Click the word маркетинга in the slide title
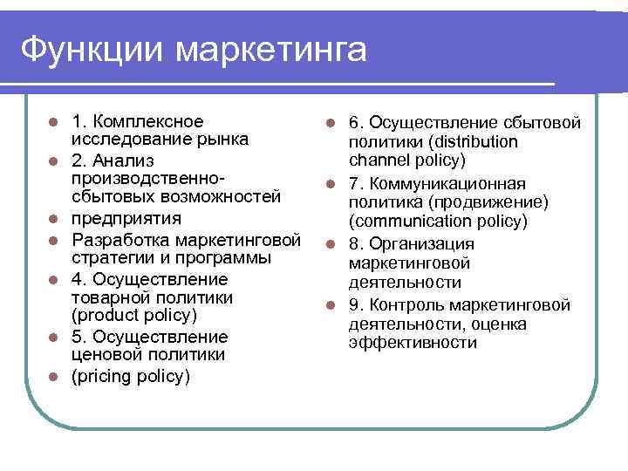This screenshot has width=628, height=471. [x=270, y=49]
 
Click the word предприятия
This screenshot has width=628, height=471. [x=126, y=218]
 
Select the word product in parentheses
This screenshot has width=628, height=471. [x=106, y=315]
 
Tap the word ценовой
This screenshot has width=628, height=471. [x=105, y=355]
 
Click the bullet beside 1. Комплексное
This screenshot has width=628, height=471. [x=53, y=121]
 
